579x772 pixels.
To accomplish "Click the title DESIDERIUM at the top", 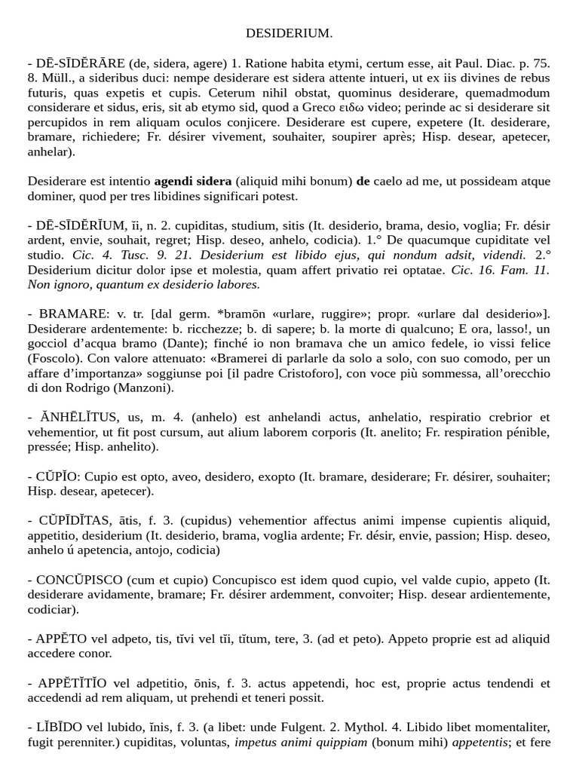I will point(289,33).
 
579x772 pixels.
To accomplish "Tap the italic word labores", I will point(239,284).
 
